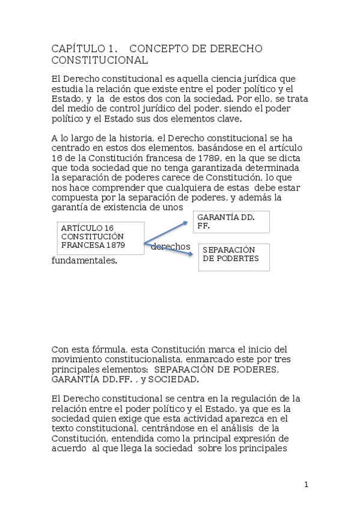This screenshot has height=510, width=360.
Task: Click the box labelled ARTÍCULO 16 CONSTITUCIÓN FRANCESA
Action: tap(100, 237)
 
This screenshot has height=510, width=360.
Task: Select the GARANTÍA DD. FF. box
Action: tap(231, 222)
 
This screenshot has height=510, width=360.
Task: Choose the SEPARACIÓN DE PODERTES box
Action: tap(233, 256)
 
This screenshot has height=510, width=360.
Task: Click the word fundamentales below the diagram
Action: tap(84, 261)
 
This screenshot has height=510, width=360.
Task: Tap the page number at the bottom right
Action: tap(306, 485)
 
